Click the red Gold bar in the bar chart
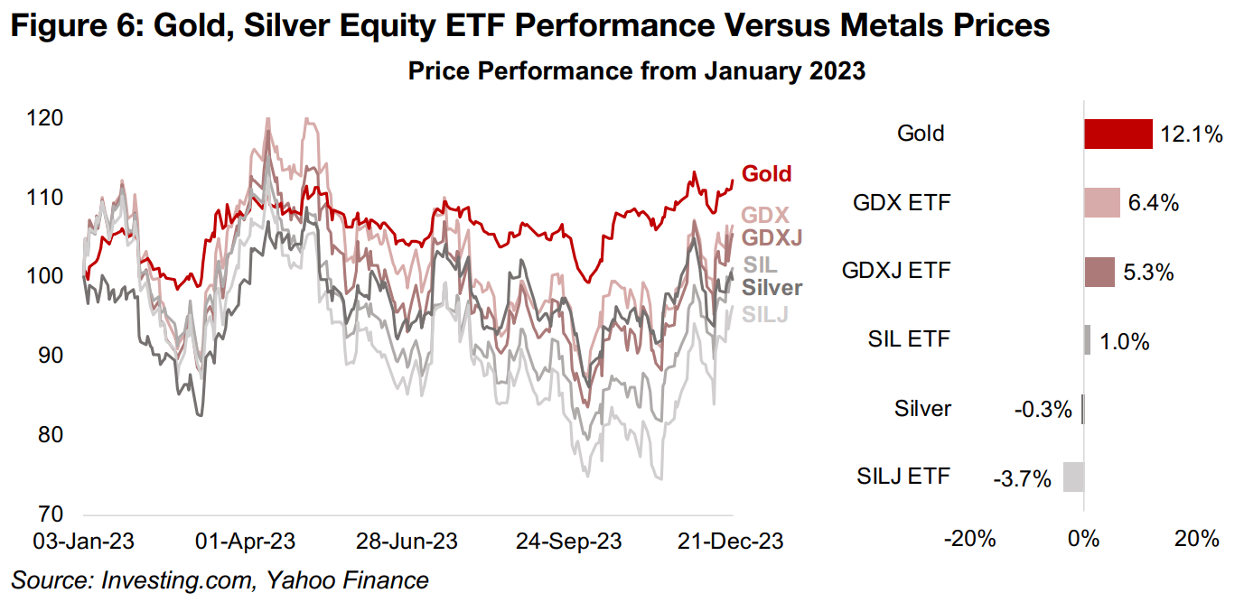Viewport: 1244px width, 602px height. pyautogui.click(x=1118, y=134)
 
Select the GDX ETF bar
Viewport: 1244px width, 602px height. pyautogui.click(x=1102, y=203)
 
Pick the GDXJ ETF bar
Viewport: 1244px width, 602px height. pyautogui.click(x=1099, y=272)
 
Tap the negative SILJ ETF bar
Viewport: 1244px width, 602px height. pyautogui.click(x=1073, y=477)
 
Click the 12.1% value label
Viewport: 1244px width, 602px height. pyautogui.click(x=1192, y=135)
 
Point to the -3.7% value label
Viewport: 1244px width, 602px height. pyautogui.click(x=1025, y=479)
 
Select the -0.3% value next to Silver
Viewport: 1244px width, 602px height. pyautogui.click(x=1043, y=411)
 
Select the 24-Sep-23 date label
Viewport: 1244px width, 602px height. pyautogui.click(x=569, y=542)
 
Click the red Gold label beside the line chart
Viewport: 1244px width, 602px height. pyautogui.click(x=766, y=174)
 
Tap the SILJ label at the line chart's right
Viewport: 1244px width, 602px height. pyautogui.click(x=764, y=314)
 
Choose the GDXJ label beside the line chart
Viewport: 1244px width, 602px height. pyautogui.click(x=772, y=238)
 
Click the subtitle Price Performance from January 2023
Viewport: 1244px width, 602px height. pyautogui.click(x=637, y=71)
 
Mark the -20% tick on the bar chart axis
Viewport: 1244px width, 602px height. pyautogui.click(x=970, y=541)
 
